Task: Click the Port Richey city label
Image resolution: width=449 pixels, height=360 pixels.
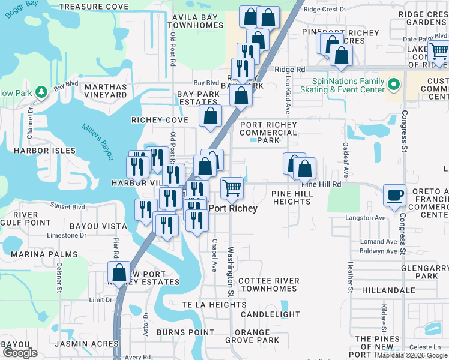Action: [233, 208]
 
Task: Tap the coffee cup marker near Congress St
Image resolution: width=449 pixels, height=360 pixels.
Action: [395, 195]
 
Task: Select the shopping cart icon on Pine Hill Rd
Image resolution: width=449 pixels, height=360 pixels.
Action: [232, 188]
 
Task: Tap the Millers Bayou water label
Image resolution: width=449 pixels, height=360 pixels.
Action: [97, 142]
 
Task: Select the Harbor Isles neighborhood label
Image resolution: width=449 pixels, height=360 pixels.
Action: [46, 151]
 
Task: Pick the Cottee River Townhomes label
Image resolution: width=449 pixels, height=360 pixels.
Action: [268, 284]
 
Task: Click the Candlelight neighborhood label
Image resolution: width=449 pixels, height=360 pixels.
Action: [270, 314]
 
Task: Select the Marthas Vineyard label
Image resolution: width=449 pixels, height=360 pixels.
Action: [106, 91]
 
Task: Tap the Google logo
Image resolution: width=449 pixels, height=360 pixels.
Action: [20, 353]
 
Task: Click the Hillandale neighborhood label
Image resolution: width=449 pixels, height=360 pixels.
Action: [388, 290]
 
